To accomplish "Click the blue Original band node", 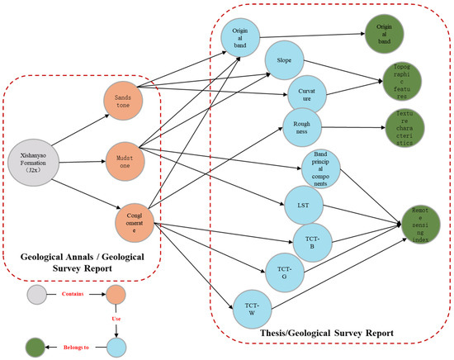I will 241,38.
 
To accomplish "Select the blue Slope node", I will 283,61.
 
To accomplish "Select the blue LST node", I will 303,203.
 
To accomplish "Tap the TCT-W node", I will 253,306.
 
